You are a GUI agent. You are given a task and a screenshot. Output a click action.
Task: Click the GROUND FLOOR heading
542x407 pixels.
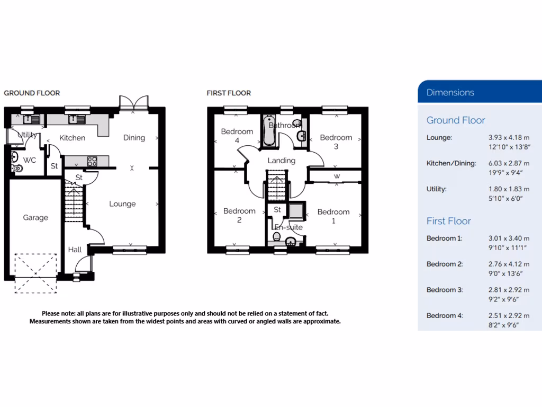[x=32, y=93]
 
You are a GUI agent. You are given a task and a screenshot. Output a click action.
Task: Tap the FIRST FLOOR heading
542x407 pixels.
[x=229, y=93]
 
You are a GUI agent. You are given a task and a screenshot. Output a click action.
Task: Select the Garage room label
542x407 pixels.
[x=35, y=218]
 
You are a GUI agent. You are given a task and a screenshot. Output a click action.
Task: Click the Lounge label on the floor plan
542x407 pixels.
[x=122, y=204]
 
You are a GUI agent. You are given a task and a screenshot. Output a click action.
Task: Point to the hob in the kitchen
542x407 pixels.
[x=92, y=161]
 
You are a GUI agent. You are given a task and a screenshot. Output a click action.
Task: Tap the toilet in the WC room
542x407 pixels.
[x=18, y=169]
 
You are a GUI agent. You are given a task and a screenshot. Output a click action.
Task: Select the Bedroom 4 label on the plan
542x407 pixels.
[x=237, y=136]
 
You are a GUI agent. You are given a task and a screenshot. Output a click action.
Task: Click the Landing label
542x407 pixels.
[x=281, y=161]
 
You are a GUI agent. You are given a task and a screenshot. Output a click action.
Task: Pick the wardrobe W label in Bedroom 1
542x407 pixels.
[x=337, y=176]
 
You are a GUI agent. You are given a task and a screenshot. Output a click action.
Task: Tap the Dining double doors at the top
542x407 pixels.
[x=133, y=103]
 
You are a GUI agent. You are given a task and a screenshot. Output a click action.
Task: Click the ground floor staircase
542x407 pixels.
[x=74, y=201]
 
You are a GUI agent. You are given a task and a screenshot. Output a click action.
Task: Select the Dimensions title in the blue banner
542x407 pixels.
[x=450, y=92]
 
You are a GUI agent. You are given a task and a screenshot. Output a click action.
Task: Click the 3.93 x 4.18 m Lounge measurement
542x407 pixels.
[x=509, y=138]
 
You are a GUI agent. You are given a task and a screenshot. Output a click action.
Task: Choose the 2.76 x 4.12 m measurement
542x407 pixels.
[x=509, y=264]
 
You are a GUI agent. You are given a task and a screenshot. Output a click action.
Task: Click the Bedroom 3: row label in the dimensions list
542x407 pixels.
[x=445, y=290]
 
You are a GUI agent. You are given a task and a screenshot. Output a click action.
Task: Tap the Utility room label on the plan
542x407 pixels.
[x=27, y=135]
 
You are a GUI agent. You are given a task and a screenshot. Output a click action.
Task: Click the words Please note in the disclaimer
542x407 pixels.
[x=58, y=314]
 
